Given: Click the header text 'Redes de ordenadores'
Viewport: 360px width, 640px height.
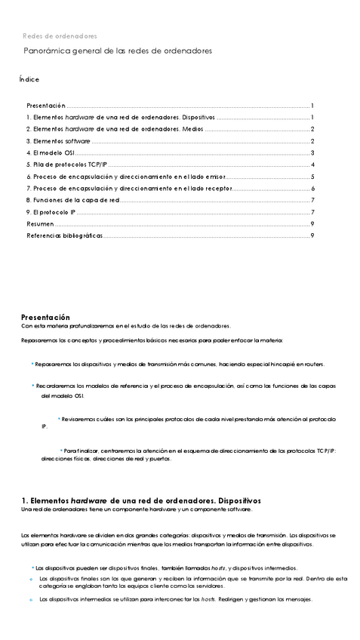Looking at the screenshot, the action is (x=60, y=35).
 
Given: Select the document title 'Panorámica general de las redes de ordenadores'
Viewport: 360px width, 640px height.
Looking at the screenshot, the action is (x=118, y=51).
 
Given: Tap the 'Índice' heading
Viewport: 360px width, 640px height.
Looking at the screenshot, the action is (x=29, y=79).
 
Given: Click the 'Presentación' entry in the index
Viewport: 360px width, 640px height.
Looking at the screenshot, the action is (x=46, y=106).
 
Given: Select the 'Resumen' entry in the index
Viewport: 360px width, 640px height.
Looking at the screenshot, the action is (x=40, y=223).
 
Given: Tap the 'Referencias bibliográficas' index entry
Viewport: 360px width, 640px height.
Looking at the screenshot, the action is (x=64, y=235).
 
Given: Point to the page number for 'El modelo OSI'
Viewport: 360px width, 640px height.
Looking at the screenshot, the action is (x=312, y=152).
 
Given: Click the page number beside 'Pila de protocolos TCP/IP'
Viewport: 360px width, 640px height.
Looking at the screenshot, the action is (x=312, y=165).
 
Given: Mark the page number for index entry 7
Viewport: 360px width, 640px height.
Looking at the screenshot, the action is (x=312, y=188).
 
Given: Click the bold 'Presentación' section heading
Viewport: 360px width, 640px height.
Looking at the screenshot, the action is (x=45, y=317).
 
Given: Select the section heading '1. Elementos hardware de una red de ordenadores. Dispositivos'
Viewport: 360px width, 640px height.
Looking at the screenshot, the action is (x=141, y=500).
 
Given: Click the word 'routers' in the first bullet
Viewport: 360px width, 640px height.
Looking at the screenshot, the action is (x=313, y=364).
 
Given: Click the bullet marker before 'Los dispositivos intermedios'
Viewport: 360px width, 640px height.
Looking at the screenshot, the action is (x=31, y=600).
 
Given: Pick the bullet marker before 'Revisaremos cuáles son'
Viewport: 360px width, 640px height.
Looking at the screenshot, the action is (x=59, y=417).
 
